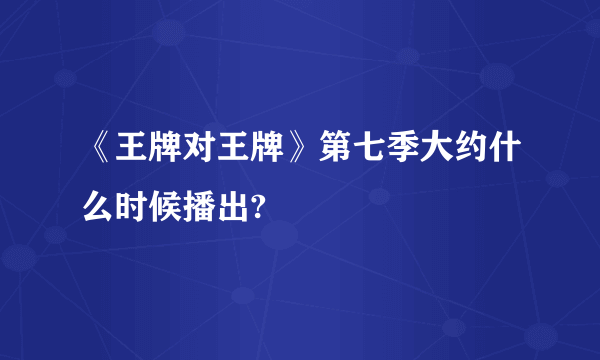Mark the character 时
pos(129,203)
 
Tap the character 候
pos(161,203)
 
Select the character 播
pos(193,203)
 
